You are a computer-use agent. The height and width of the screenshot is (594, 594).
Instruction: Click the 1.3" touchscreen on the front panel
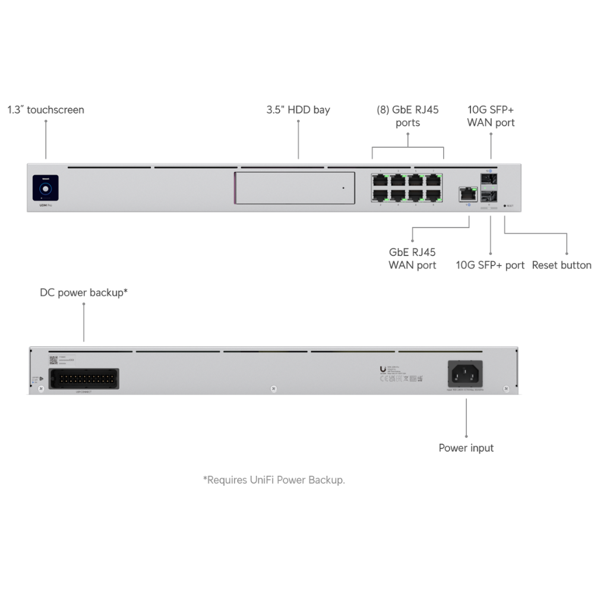click(45, 188)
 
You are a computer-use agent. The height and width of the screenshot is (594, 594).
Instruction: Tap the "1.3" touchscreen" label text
click(46, 110)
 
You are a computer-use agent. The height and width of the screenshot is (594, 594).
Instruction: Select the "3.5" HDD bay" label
click(298, 110)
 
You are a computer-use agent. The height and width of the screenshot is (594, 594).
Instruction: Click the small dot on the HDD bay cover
click(343, 188)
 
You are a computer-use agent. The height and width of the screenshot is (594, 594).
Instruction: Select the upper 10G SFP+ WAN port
click(491, 179)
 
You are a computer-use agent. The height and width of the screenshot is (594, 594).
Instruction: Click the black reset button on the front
click(504, 206)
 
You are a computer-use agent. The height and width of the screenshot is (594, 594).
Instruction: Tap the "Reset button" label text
click(561, 265)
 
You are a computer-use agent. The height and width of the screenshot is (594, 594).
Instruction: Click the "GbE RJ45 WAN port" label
click(412, 258)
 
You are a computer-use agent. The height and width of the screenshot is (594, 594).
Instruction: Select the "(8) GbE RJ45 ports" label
click(407, 116)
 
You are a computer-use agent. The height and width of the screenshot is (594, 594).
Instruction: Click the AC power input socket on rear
click(465, 375)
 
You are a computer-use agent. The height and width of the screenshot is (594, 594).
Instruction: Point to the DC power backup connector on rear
click(84, 378)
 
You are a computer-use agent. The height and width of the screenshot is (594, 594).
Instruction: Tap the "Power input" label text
click(466, 448)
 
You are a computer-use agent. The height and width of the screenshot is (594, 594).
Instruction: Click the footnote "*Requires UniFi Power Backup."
click(274, 480)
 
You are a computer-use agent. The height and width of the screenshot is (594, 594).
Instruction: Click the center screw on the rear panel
click(273, 389)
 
